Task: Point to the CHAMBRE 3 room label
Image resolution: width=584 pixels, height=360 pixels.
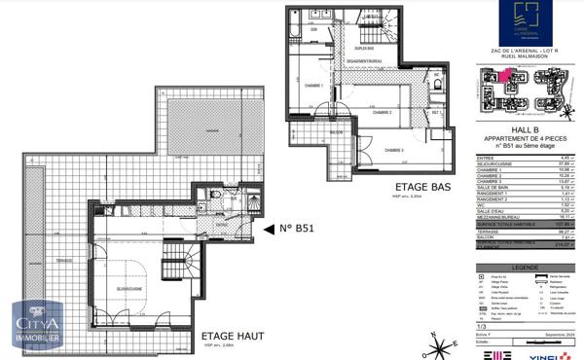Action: (x=391, y=150)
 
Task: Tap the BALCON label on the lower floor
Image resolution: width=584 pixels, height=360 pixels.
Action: (x=336, y=131)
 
